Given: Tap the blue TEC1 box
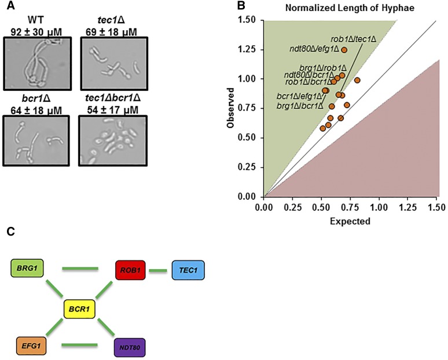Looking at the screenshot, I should tap(188, 270).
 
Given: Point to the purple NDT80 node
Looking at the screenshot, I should tap(131, 347).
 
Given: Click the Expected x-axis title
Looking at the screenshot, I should tap(350, 221).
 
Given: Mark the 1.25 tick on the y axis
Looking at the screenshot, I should tap(251, 50).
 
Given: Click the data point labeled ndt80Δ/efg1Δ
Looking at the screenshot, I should tap(344, 50).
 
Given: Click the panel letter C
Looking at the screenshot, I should tap(7, 232).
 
